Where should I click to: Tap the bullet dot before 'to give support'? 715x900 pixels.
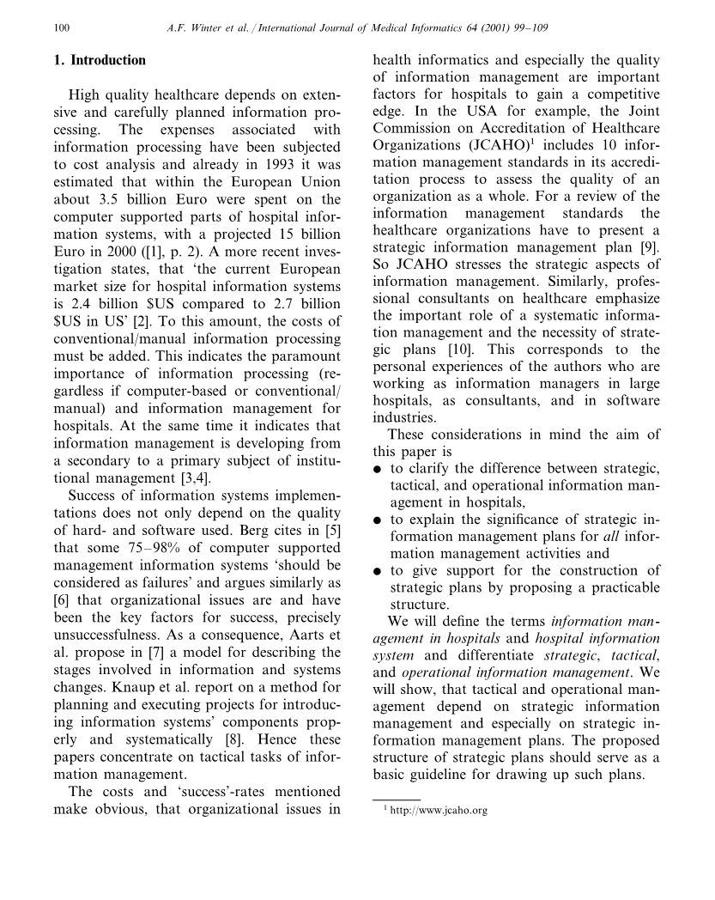pos(378,571)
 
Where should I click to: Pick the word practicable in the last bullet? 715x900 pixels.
pos(620,588)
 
